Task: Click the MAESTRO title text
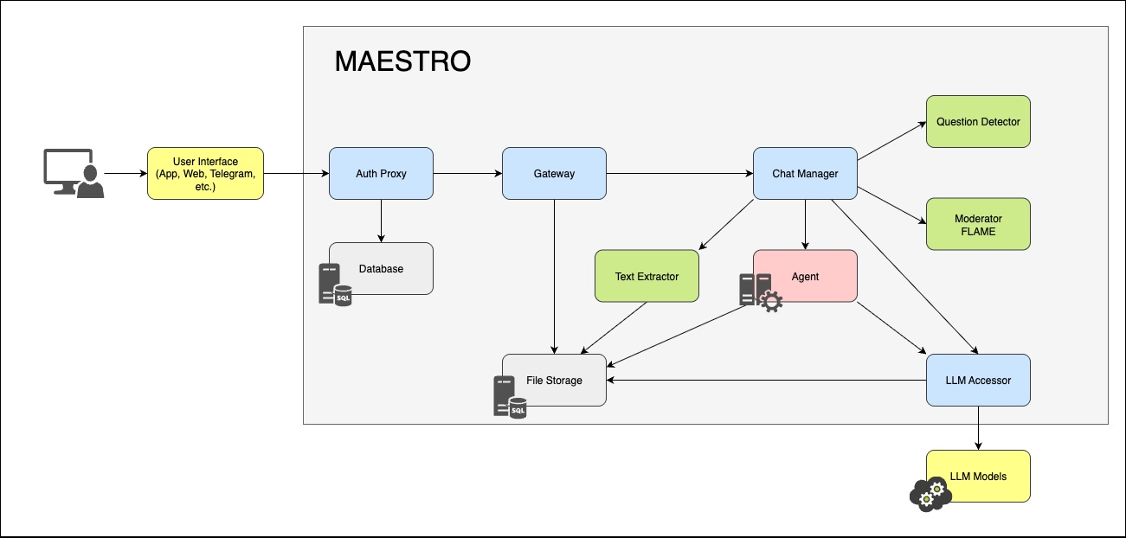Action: [402, 61]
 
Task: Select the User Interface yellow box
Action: [205, 174]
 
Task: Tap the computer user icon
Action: [74, 173]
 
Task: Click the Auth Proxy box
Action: [381, 174]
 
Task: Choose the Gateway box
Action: [554, 174]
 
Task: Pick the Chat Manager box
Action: [805, 174]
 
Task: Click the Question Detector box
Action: [978, 122]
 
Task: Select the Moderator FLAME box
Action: [978, 225]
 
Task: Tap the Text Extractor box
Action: [647, 277]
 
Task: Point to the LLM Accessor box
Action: [978, 381]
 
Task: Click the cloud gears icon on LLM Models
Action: [930, 492]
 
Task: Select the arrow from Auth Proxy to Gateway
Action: [467, 174]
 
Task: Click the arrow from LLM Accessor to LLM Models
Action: [978, 428]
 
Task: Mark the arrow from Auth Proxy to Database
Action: [381, 221]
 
